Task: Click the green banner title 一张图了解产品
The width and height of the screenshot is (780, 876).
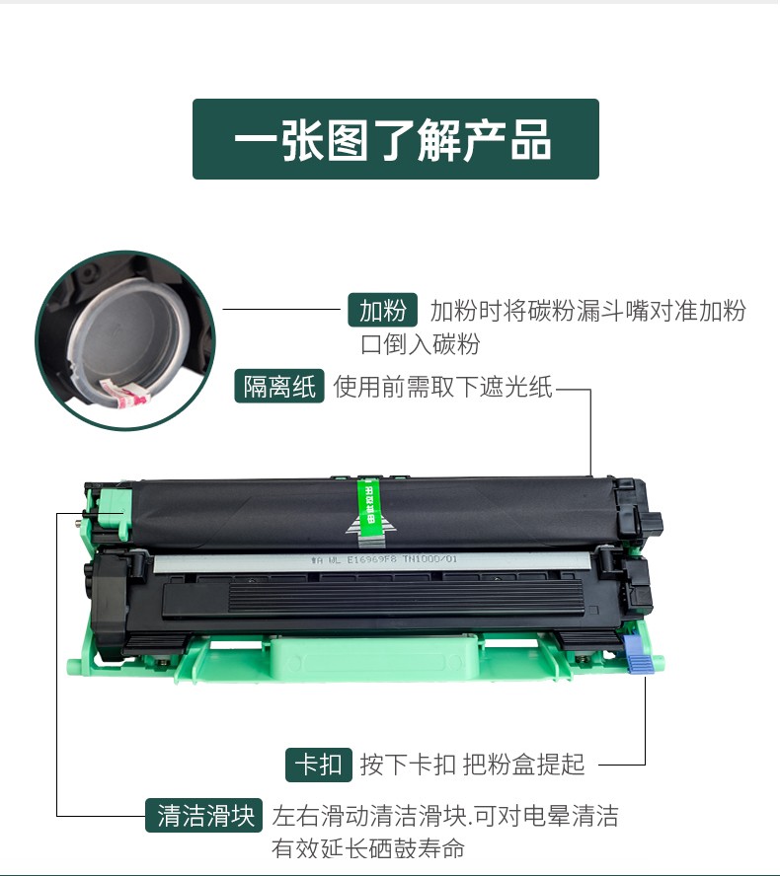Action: tap(395, 139)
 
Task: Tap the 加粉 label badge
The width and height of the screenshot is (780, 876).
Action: tap(382, 311)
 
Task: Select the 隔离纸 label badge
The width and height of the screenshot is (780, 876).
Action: tap(280, 387)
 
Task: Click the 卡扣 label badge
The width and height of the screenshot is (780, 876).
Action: tap(318, 764)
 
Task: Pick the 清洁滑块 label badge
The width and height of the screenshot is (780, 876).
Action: tap(205, 816)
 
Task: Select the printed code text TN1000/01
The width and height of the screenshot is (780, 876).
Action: tap(429, 558)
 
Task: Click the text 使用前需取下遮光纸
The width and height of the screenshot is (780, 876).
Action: tap(443, 387)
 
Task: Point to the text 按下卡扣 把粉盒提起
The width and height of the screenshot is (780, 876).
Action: tap(472, 764)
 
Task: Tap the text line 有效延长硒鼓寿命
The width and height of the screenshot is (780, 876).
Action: tap(367, 847)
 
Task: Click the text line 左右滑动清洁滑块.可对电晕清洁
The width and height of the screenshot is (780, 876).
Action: tap(444, 816)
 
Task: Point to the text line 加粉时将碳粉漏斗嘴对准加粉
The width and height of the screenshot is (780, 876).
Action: tap(587, 311)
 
